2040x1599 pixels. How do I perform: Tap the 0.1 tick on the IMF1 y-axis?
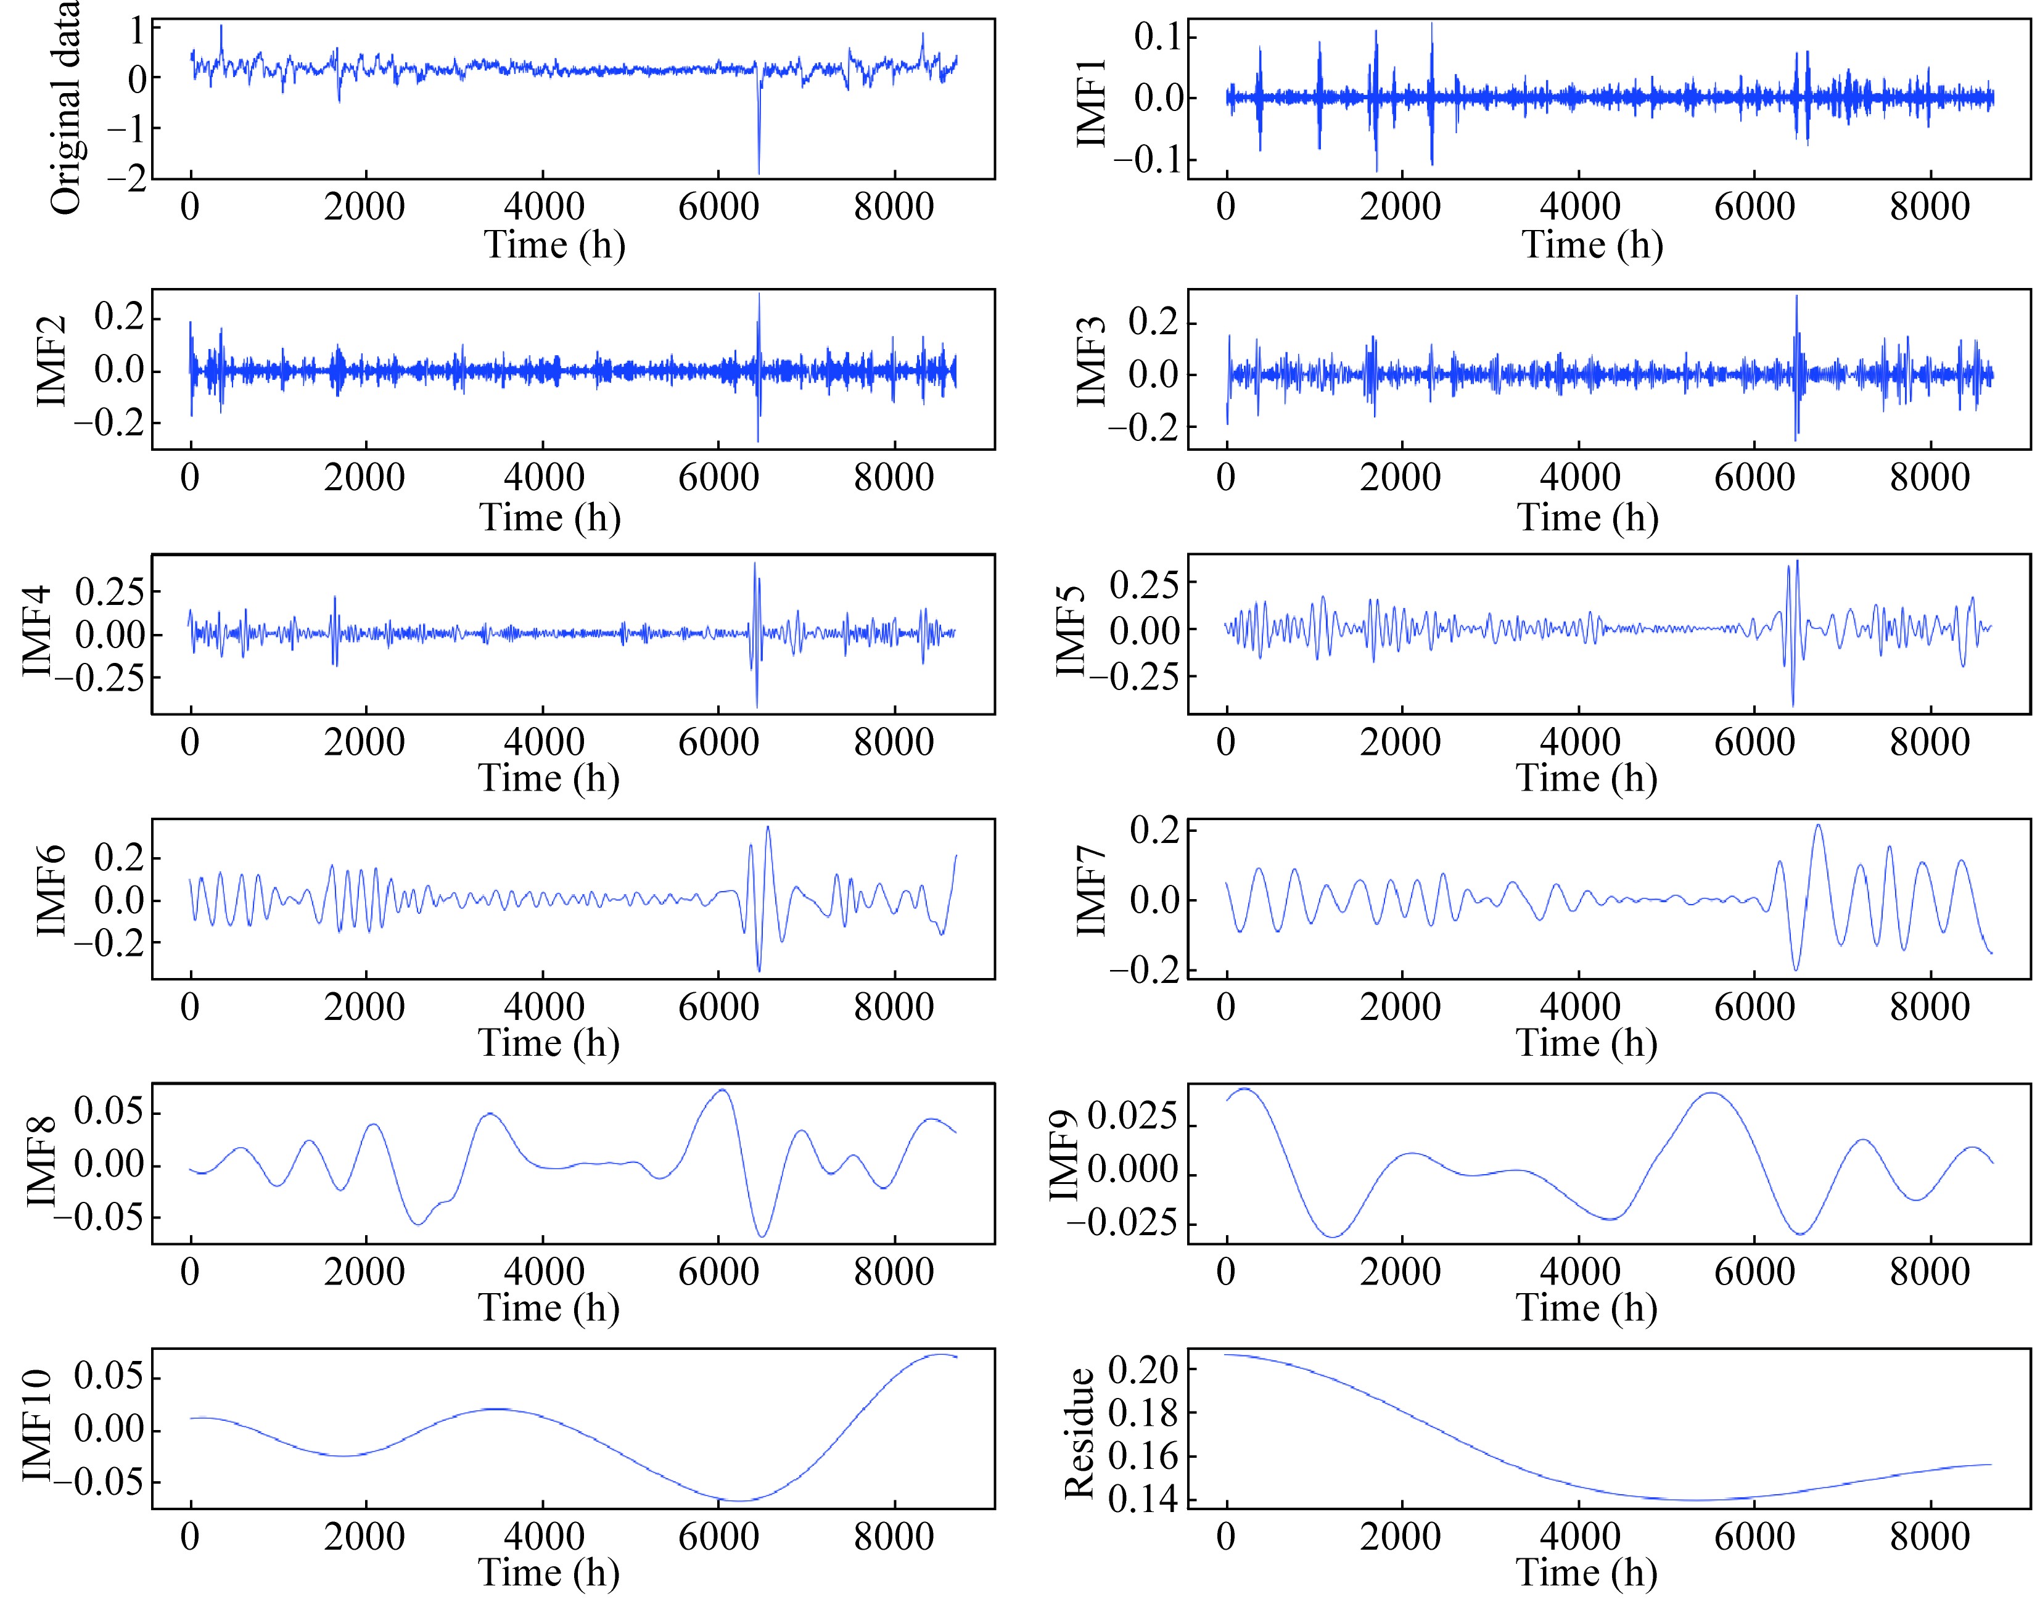[x=1158, y=38]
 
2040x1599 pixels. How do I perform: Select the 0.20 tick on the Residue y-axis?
[x=1142, y=1370]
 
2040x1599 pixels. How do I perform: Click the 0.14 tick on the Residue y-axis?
[x=1142, y=1500]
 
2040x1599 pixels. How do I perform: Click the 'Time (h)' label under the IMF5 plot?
[x=1586, y=778]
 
